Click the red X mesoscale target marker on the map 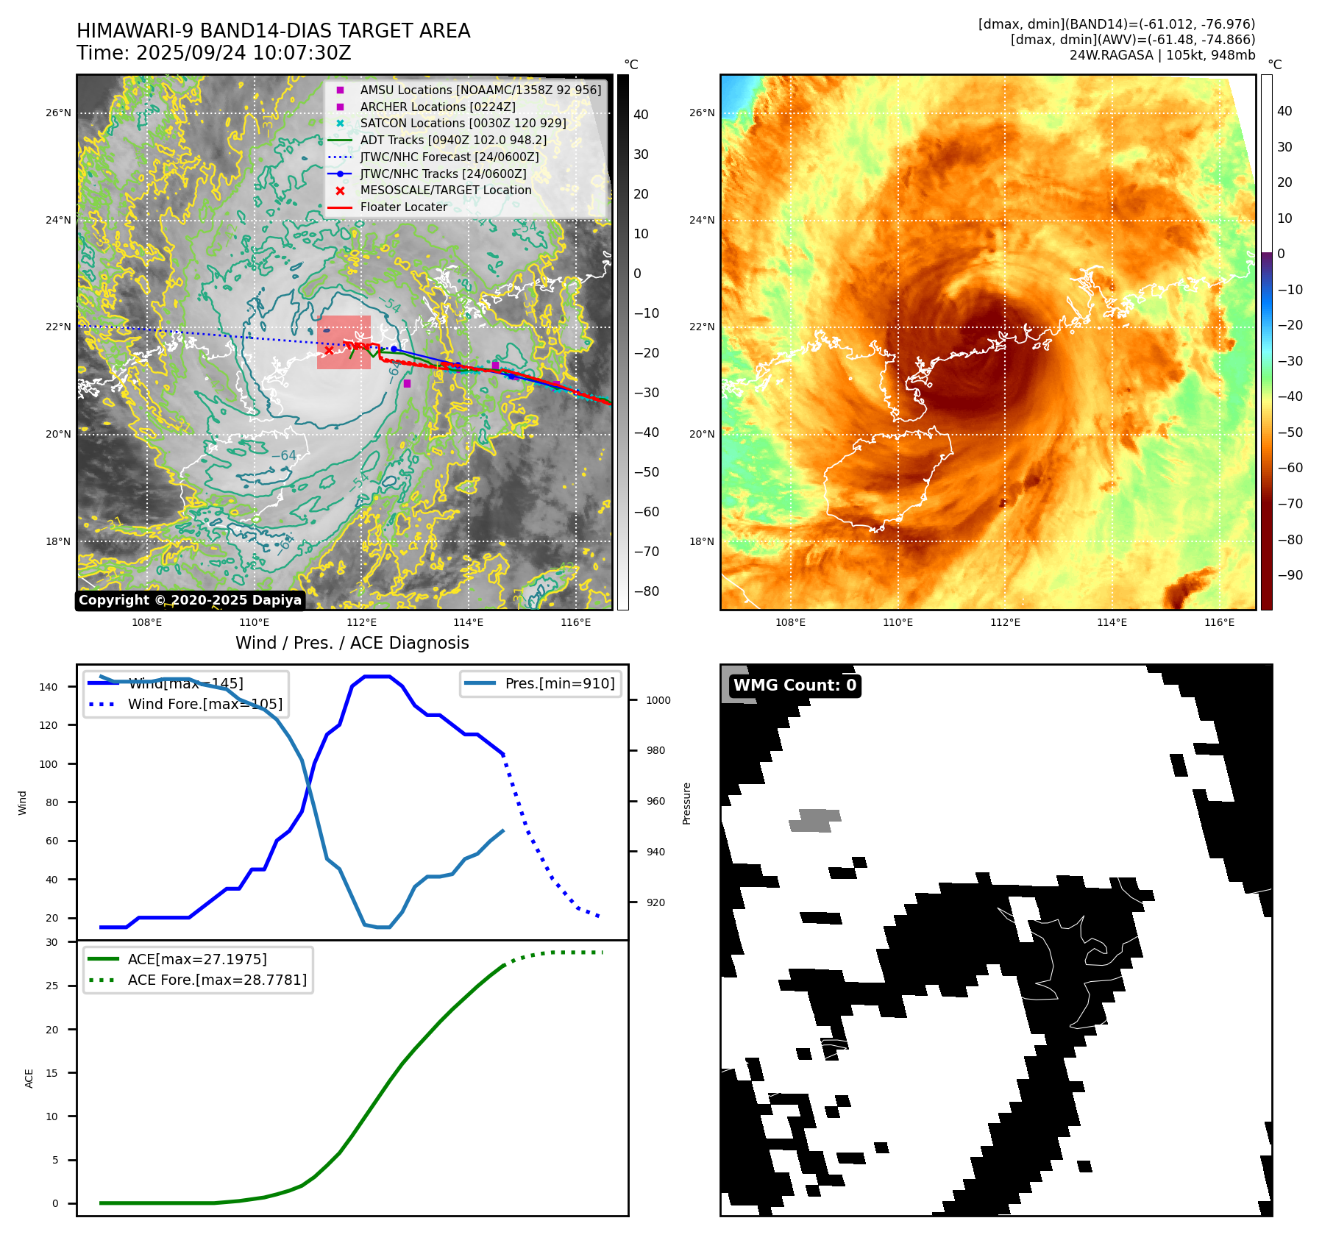(x=329, y=350)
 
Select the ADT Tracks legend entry (x=453, y=140)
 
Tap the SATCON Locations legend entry (x=463, y=123)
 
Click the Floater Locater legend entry (x=403, y=207)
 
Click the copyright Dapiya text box (x=190, y=600)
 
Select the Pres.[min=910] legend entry (x=559, y=683)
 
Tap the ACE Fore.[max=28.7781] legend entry (x=217, y=980)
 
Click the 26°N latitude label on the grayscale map (x=59, y=113)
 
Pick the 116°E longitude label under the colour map (x=1219, y=622)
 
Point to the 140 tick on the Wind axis (x=49, y=687)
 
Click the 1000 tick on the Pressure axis (x=658, y=700)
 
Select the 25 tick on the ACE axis (x=52, y=986)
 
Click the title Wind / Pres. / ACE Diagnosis (x=352, y=643)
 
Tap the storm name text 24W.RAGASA (x=1111, y=55)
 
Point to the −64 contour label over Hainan (x=284, y=456)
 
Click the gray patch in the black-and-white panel (x=815, y=820)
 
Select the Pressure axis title (x=686, y=803)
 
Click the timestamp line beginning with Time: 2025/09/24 (x=214, y=53)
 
